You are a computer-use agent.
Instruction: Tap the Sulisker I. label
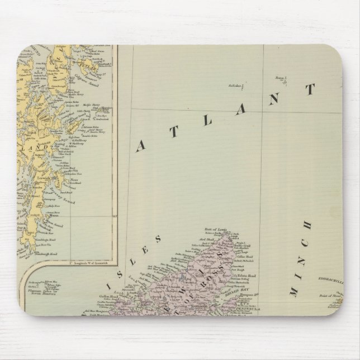(238, 86)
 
